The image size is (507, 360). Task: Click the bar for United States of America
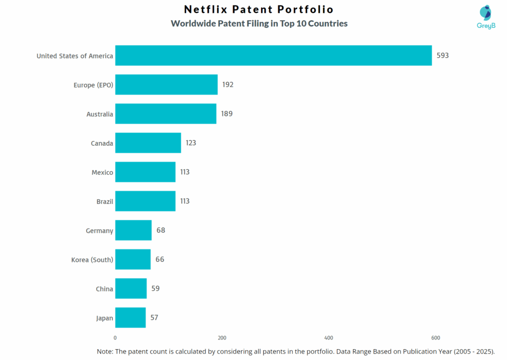[273, 55]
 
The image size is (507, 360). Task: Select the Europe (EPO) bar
[166, 85]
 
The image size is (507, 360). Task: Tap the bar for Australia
[165, 114]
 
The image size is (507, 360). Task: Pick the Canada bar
[148, 143]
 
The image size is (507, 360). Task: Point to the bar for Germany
[133, 230]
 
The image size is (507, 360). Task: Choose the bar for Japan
[130, 318]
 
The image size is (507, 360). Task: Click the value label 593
[443, 55]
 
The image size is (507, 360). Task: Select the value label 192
[228, 85]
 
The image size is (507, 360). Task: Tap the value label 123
[191, 143]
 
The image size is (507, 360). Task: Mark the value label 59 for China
[155, 289]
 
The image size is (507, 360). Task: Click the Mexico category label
[102, 172]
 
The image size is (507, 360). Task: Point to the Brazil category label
[104, 202]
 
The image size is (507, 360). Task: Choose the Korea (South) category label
[92, 259]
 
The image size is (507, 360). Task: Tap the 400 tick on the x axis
[329, 338]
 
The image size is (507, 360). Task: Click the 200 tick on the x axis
[222, 338]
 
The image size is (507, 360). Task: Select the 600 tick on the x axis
[435, 338]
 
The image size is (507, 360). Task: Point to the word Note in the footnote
[105, 351]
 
